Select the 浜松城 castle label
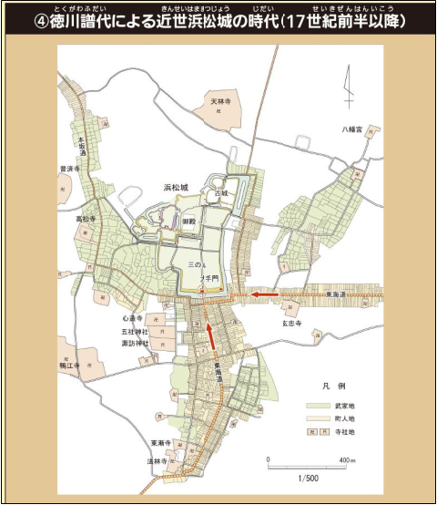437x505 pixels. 176,187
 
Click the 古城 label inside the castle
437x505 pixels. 221,193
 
